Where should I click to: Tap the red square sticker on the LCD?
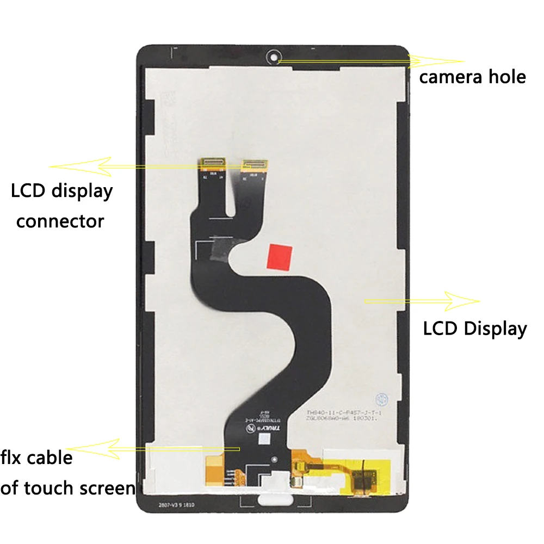coord(280,256)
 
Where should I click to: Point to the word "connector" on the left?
coord(60,221)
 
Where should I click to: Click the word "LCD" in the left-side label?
coord(28,191)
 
